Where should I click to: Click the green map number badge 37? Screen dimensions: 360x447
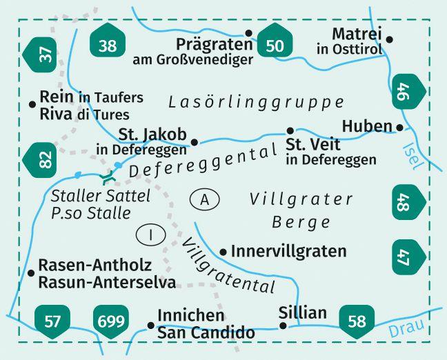(x=44, y=54)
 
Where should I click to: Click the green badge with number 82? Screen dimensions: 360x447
(x=44, y=160)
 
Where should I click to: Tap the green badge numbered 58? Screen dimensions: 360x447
(x=357, y=320)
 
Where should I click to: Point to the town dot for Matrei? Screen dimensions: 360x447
(x=389, y=40)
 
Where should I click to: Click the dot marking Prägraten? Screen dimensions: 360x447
(x=249, y=33)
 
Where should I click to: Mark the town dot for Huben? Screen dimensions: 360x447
(x=399, y=127)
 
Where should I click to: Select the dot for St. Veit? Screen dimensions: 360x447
(x=290, y=130)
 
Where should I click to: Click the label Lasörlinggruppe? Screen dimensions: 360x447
(x=256, y=102)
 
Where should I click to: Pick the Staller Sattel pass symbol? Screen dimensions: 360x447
(x=107, y=178)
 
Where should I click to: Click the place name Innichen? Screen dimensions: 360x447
(x=191, y=317)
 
